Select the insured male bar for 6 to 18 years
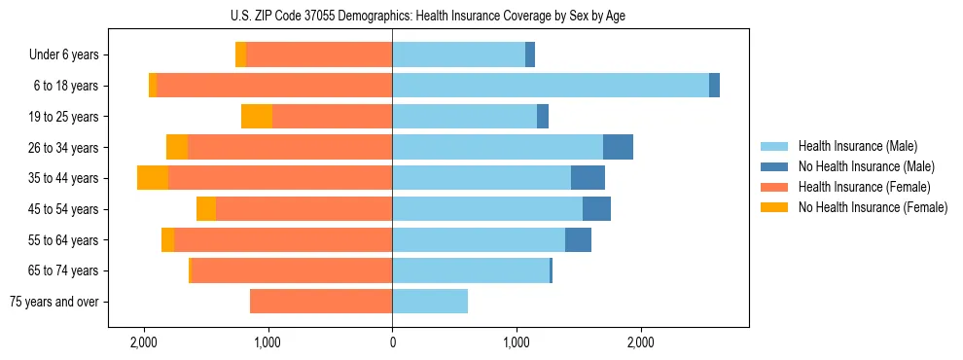(x=551, y=86)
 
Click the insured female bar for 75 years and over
(x=321, y=302)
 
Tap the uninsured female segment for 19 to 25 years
(x=257, y=117)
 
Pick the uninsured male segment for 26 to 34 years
(x=618, y=147)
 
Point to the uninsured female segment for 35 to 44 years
(x=153, y=178)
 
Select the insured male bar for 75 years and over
(x=430, y=302)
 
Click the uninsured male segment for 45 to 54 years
(x=596, y=209)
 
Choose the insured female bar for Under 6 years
(x=319, y=54)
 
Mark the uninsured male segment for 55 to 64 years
(x=578, y=239)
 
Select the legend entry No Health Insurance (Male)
(x=866, y=166)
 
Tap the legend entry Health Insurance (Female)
(x=864, y=187)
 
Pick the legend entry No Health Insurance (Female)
(x=873, y=207)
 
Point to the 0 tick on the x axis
(x=392, y=342)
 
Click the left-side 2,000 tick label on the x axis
(x=144, y=342)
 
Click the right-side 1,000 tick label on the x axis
(x=517, y=342)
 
